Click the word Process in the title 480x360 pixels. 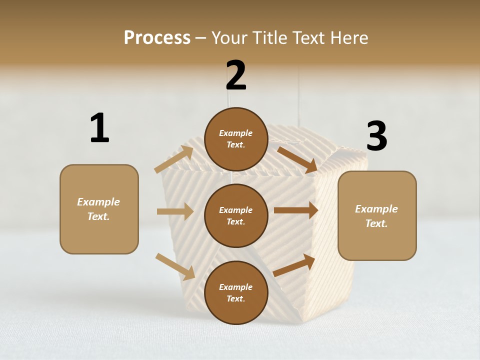pos(157,37)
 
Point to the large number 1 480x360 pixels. pos(99,128)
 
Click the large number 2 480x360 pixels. pos(236,75)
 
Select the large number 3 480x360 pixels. pos(376,136)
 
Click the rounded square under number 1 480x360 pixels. pos(99,209)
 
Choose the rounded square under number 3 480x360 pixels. pos(377,215)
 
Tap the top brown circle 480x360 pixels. pos(236,139)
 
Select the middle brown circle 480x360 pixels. pos(236,215)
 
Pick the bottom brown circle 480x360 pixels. pos(236,292)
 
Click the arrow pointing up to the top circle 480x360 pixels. pos(174,159)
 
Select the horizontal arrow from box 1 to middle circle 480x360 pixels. pos(175,211)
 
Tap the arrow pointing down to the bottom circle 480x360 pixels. pos(175,266)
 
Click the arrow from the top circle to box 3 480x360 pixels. pos(297,159)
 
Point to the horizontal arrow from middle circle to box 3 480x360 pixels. pos(296,210)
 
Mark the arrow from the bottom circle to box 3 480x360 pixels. pos(294,265)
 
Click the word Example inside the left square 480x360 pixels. pos(98,202)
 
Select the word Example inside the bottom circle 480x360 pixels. pos(236,287)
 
